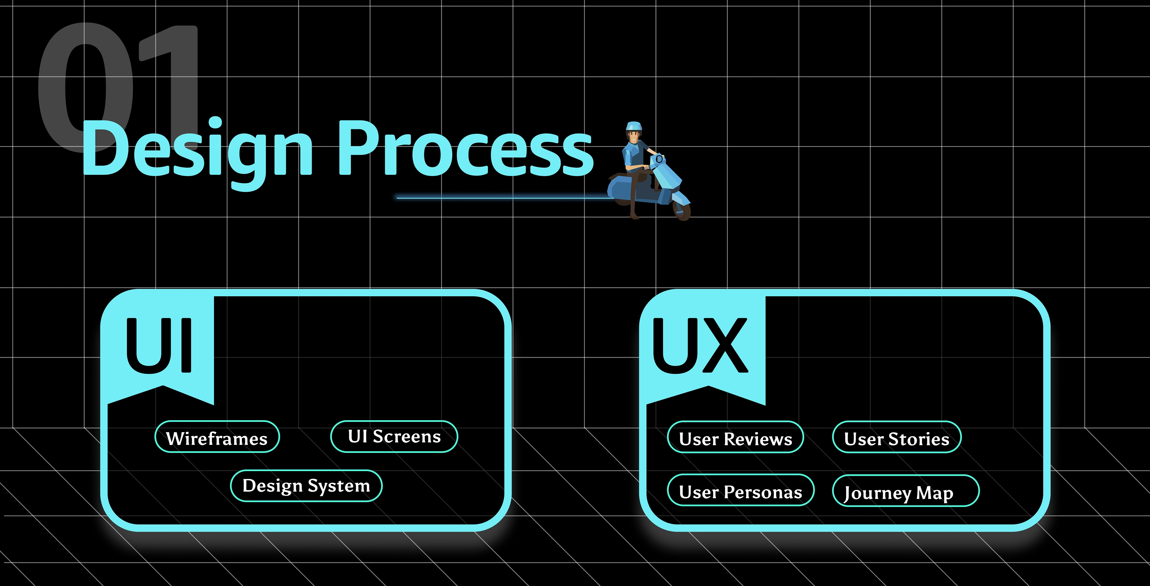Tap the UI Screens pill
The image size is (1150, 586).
coord(394,436)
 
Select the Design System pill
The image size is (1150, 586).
coord(306,485)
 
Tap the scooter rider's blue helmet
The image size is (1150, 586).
coord(633,126)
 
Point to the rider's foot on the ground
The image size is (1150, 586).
coord(634,216)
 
